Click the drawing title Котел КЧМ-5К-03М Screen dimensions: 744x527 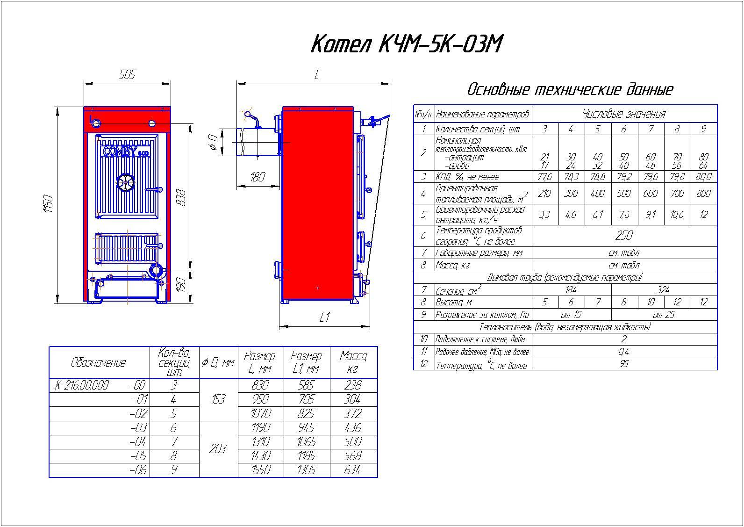(x=407, y=44)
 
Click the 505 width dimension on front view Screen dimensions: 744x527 (x=127, y=75)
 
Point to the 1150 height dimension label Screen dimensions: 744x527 (x=49, y=204)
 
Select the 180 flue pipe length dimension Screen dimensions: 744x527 (x=258, y=177)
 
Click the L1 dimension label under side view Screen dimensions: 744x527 (x=324, y=318)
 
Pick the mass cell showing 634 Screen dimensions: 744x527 (x=353, y=470)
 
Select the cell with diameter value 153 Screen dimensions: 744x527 (x=218, y=399)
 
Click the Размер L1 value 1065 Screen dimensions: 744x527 (x=306, y=442)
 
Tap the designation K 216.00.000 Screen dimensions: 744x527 (x=82, y=385)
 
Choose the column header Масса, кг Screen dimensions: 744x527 (x=353, y=362)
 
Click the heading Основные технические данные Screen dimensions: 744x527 (x=570, y=89)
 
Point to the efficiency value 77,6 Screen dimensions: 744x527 (x=545, y=177)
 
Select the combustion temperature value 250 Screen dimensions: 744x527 (x=624, y=236)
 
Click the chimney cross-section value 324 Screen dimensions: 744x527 (x=663, y=290)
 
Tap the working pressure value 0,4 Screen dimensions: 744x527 (x=624, y=352)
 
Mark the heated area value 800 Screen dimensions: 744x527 (x=703, y=194)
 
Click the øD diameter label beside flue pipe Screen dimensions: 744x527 (x=214, y=142)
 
